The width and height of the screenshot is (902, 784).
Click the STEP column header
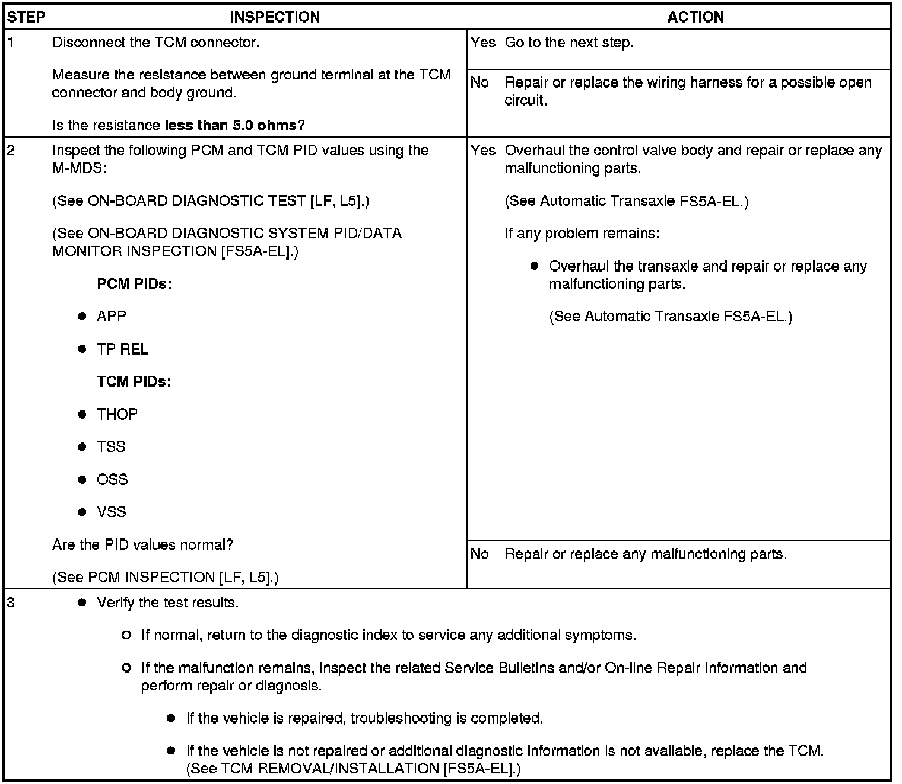(x=26, y=17)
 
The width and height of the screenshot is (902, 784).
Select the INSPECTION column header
(x=275, y=17)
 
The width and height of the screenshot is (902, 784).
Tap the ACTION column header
(x=695, y=17)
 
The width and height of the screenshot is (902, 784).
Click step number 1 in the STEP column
(x=11, y=43)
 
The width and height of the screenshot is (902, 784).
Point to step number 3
(x=11, y=603)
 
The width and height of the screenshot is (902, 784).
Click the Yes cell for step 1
(x=483, y=43)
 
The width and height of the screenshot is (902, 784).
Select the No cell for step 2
(x=479, y=554)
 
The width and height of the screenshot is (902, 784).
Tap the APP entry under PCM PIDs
(x=112, y=316)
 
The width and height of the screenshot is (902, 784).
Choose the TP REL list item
(x=122, y=349)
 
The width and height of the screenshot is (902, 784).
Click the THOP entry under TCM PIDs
(x=117, y=414)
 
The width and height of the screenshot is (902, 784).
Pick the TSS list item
(x=111, y=447)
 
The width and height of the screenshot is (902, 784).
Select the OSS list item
(x=112, y=479)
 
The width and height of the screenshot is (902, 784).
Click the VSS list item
(x=112, y=512)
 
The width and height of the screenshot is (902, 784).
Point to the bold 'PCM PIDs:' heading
(x=134, y=284)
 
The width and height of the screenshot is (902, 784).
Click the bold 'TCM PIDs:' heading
(x=134, y=381)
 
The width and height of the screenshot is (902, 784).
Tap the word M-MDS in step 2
(x=79, y=168)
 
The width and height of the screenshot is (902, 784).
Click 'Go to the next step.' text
(x=569, y=43)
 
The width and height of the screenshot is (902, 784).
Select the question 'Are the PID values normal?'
(x=142, y=545)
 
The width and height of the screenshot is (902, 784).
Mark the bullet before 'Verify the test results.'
(x=82, y=603)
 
